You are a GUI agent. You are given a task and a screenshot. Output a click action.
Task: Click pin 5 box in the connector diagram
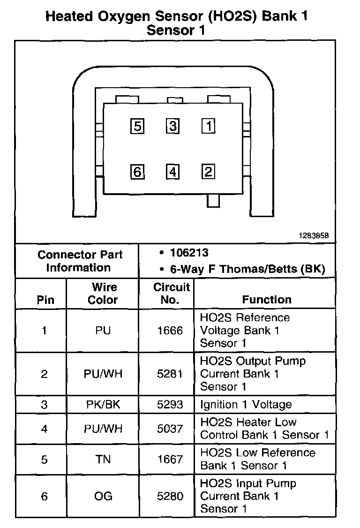click(x=137, y=126)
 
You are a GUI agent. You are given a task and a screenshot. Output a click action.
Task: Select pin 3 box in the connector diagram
click(x=173, y=126)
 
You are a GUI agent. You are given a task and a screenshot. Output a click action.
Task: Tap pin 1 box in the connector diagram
click(x=208, y=126)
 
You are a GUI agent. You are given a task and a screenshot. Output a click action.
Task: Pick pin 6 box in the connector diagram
click(x=137, y=172)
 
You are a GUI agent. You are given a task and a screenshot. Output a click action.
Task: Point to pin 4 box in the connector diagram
click(x=173, y=172)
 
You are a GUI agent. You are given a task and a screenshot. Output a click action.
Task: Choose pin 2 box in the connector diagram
click(x=208, y=172)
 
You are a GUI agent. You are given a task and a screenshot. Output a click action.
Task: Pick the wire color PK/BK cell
click(x=103, y=405)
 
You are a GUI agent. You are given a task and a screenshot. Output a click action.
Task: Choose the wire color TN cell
click(x=103, y=460)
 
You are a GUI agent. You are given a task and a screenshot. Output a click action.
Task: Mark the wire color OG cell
click(x=103, y=496)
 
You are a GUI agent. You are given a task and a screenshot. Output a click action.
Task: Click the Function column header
click(x=266, y=300)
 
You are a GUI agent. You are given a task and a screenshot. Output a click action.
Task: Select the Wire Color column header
click(x=103, y=294)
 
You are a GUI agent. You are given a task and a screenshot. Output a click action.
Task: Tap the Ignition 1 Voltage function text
click(x=246, y=405)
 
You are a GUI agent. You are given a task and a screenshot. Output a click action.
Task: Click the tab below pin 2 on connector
click(x=213, y=200)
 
